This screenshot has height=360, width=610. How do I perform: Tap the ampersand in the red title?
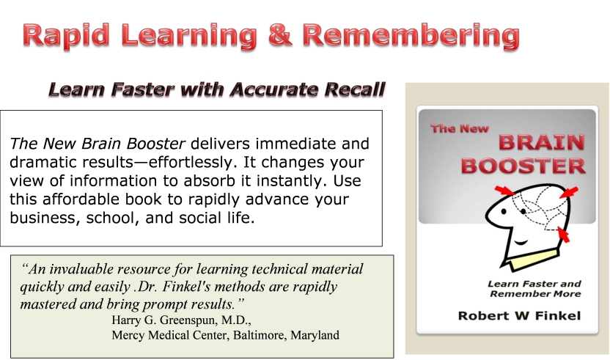point(279,34)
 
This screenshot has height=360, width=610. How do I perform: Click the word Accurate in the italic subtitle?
point(274,89)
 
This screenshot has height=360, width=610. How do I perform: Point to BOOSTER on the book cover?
point(523,166)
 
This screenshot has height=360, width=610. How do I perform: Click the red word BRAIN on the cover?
point(542,142)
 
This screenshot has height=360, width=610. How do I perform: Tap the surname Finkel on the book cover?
point(558,315)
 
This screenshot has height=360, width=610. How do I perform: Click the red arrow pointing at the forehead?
point(504,191)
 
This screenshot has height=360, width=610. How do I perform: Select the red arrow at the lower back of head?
point(563,235)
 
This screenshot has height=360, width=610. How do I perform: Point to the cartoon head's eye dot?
point(504,212)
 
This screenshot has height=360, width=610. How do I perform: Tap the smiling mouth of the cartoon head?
point(521,243)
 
